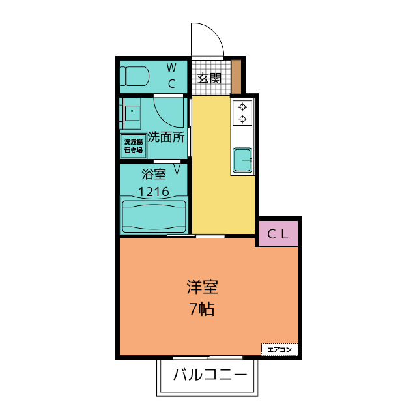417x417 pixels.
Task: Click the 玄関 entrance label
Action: (210, 79)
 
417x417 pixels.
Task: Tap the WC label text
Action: (171, 75)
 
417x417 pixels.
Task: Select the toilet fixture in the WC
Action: (136, 76)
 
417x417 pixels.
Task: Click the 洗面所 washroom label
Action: (167, 137)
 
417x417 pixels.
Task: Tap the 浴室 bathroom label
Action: (154, 174)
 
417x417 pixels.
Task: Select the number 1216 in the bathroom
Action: (154, 192)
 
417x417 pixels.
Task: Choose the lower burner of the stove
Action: (242, 119)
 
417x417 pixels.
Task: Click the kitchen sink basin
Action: (242, 158)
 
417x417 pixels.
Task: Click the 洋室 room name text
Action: (201, 287)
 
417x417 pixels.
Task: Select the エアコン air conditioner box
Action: (280, 349)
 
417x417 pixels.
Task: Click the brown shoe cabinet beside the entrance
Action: (237, 76)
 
